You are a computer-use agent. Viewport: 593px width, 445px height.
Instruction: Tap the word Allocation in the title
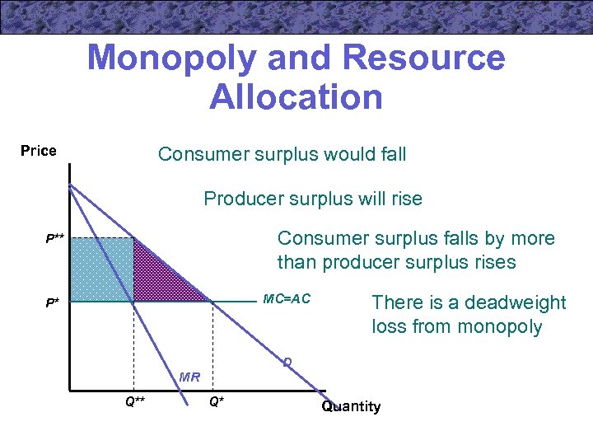coord(296,96)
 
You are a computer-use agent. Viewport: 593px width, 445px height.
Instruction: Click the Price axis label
coord(39,151)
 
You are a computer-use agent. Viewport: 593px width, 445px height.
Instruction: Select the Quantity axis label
coord(351,406)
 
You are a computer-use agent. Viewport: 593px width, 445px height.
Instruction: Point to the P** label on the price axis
coord(55,239)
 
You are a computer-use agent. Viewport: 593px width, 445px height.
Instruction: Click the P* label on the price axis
coord(52,302)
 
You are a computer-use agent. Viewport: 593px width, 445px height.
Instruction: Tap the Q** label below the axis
coord(135,401)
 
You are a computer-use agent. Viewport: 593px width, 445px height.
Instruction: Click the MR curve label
coord(189,377)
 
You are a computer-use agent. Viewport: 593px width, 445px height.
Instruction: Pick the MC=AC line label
coord(287,297)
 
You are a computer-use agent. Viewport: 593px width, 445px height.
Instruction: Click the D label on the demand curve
coord(287,362)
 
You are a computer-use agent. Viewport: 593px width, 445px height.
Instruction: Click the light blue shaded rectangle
coord(102,270)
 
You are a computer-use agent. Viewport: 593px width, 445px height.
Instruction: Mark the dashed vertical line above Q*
coord(213,346)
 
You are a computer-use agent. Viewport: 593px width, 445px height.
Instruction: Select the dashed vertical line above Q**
coord(134,346)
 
